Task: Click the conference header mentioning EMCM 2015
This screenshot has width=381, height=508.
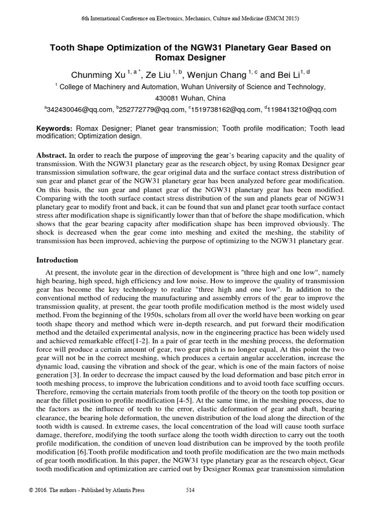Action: pyautogui.click(x=190, y=18)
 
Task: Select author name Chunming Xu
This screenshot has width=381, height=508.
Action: pyautogui.click(x=97, y=75)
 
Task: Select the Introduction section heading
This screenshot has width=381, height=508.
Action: pyautogui.click(x=58, y=260)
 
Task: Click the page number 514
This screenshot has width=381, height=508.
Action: pyautogui.click(x=190, y=490)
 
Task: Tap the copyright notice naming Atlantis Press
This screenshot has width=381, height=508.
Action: pyautogui.click(x=87, y=490)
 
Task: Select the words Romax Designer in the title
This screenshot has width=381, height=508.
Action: pyautogui.click(x=190, y=58)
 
